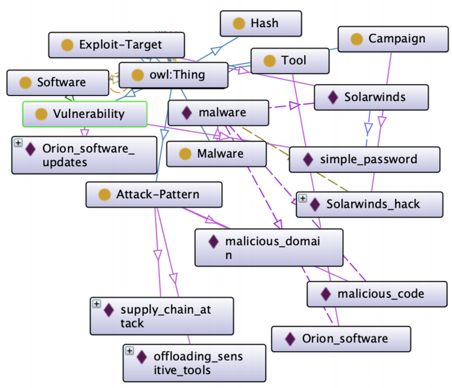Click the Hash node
point(260,24)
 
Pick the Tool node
point(289,61)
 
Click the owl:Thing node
point(172,76)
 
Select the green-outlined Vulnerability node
point(85,114)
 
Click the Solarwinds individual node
point(371,97)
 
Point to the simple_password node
point(363,160)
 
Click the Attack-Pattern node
point(153,195)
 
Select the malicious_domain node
point(268,248)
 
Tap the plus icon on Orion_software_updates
point(18,143)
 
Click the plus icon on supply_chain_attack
point(96,304)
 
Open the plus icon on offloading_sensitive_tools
point(129,351)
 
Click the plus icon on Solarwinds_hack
point(302,198)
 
